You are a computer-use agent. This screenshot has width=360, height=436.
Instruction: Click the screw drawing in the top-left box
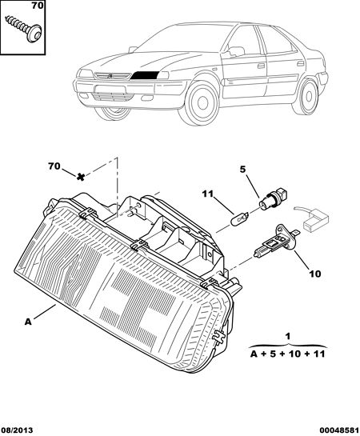pyautogui.click(x=24, y=28)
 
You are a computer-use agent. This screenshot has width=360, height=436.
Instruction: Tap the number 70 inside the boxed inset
pyautogui.click(x=38, y=6)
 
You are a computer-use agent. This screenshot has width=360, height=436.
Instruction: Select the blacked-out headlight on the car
pyautogui.click(x=145, y=75)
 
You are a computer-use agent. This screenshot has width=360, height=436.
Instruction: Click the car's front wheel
pyautogui.click(x=202, y=102)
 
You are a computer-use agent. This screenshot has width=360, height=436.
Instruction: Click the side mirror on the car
pyautogui.click(x=235, y=51)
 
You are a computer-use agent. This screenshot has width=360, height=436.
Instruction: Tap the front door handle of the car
pyautogui.click(x=261, y=66)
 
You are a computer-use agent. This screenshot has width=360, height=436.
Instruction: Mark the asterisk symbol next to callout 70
pyautogui.click(x=81, y=177)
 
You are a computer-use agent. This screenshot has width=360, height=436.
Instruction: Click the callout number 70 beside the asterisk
pyautogui.click(x=54, y=166)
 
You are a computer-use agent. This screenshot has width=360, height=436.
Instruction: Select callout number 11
pyautogui.click(x=207, y=194)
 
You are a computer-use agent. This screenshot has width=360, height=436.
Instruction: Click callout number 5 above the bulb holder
pyautogui.click(x=242, y=169)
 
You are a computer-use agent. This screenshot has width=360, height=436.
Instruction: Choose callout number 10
pyautogui.click(x=314, y=274)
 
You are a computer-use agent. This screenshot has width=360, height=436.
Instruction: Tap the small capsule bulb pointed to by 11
pyautogui.click(x=241, y=216)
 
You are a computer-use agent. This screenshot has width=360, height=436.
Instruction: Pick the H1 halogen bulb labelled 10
pyautogui.click(x=276, y=241)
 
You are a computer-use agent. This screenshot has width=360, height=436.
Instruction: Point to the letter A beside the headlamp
pyautogui.click(x=28, y=322)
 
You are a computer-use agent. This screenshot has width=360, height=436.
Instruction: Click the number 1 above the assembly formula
pyautogui.click(x=288, y=336)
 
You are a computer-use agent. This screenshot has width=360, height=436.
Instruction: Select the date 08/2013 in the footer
pyautogui.click(x=18, y=430)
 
